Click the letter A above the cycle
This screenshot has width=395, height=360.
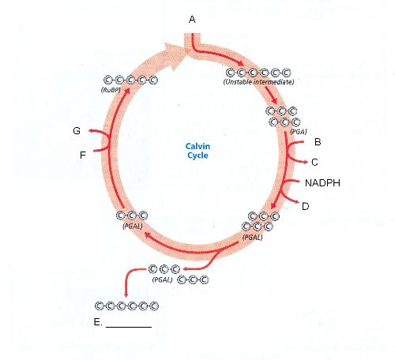[x=192, y=20]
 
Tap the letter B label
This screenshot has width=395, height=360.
[x=318, y=142]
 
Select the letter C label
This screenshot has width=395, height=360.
[x=314, y=162]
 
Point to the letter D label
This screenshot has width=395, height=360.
[x=306, y=206]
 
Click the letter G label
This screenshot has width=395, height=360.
[x=77, y=131]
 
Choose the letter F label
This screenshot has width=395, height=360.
[x=83, y=155]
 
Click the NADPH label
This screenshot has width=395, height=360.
[x=322, y=183]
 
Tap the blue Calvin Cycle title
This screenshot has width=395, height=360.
[x=197, y=151]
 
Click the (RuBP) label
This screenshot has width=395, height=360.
[x=111, y=90]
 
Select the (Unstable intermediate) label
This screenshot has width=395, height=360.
[x=258, y=82]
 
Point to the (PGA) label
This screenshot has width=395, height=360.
[x=299, y=132]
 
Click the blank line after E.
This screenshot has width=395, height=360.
[x=129, y=327]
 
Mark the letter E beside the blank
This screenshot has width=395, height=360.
[x=97, y=322]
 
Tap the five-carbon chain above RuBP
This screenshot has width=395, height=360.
[x=130, y=80]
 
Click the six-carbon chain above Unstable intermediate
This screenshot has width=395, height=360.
[x=258, y=73]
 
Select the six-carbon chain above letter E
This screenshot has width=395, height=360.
[x=126, y=306]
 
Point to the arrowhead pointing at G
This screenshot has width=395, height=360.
[x=90, y=130]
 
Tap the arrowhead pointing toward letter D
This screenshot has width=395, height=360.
[x=297, y=202]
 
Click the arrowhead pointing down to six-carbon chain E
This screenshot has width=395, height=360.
[x=126, y=294]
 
